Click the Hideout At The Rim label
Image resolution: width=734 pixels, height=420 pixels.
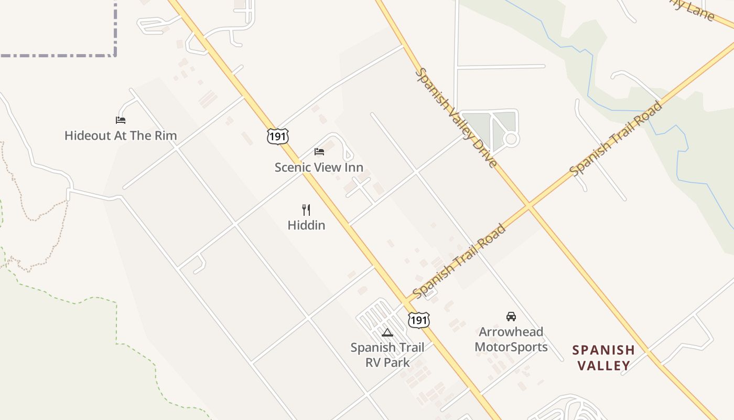point(121,135)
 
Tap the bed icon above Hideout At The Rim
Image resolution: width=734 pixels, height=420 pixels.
point(121,120)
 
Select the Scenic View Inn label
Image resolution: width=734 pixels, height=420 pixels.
point(319,167)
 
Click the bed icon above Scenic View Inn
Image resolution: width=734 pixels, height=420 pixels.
point(319,152)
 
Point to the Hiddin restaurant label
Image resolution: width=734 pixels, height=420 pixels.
point(306,225)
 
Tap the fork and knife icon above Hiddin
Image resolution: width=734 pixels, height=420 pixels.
point(306,210)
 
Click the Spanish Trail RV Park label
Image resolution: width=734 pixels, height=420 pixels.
point(387,354)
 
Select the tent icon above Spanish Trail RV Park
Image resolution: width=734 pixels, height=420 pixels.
point(387,332)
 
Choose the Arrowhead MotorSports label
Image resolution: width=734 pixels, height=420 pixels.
point(511,339)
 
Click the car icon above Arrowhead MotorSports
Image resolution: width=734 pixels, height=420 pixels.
point(511,316)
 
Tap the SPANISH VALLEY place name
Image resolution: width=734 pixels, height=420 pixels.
point(603,358)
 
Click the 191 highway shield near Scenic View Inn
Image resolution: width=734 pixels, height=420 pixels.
point(277,136)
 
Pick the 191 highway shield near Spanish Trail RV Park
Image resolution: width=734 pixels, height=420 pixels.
point(419,320)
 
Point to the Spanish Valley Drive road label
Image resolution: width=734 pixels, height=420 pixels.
point(456,118)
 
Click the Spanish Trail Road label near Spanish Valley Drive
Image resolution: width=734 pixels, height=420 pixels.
point(616,139)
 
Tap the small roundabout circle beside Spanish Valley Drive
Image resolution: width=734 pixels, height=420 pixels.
point(511,139)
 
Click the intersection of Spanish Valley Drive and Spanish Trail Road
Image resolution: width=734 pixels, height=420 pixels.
point(529,205)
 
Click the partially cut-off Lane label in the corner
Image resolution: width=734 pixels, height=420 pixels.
point(695,9)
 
